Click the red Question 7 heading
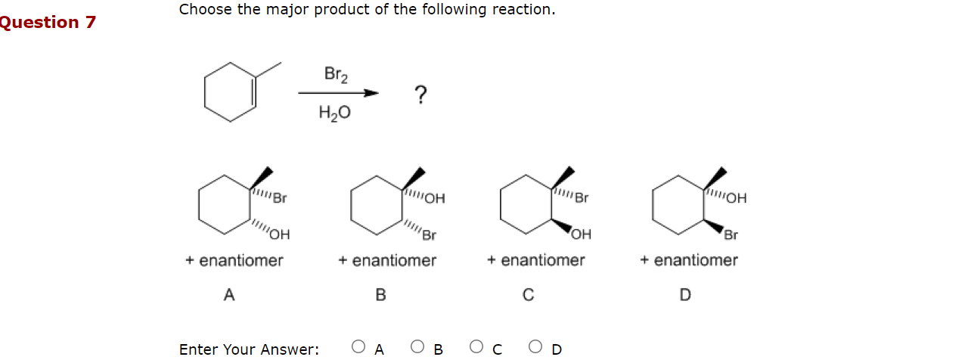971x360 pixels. pos(47,23)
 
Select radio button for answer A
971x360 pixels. pos(359,347)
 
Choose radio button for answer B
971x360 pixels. pos(417,347)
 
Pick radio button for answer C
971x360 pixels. pos(476,347)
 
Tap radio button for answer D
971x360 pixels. pos(535,347)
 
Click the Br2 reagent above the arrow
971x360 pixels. pos(336,74)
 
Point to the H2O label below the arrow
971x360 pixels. pos(334,113)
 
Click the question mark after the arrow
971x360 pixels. pos(420,95)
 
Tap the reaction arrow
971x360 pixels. pos(337,93)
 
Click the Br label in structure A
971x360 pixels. pos(281,200)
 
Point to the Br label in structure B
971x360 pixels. pos(429,235)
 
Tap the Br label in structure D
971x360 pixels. pos(731,234)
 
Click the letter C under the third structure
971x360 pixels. pos(529,295)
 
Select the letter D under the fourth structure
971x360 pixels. pos(685,295)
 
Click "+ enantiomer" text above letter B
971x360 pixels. pos(387,261)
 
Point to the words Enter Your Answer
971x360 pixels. pos(249,349)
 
